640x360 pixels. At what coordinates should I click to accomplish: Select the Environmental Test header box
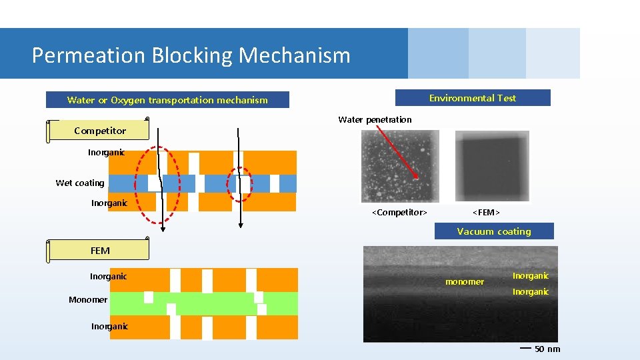(473, 98)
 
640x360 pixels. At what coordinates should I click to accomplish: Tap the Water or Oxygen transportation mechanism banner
(167, 100)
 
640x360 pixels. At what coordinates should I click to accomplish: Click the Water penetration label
(375, 120)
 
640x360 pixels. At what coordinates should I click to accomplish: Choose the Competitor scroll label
(99, 131)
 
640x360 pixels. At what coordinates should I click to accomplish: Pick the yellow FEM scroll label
(99, 251)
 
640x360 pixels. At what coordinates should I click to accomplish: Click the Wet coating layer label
(80, 183)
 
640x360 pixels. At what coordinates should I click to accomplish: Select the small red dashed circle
(240, 183)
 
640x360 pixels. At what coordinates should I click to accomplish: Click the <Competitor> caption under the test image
(399, 213)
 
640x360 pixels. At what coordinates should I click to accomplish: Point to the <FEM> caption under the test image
(486, 213)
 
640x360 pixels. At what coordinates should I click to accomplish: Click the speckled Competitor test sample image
(400, 165)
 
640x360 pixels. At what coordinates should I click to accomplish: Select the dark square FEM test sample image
(491, 165)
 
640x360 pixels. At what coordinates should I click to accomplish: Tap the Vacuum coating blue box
(494, 231)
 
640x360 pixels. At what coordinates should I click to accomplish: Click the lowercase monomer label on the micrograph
(464, 282)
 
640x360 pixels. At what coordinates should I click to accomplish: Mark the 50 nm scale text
(547, 349)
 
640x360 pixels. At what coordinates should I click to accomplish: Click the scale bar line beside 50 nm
(525, 347)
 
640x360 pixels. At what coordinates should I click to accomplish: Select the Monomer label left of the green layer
(87, 300)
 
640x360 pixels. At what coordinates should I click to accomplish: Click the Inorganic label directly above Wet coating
(106, 153)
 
